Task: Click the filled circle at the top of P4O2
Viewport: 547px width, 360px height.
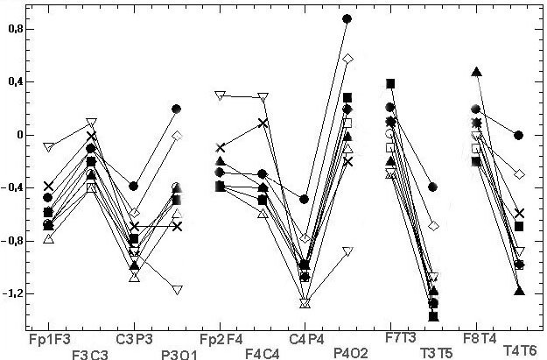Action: (347, 18)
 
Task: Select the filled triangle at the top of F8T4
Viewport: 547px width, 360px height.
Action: (477, 72)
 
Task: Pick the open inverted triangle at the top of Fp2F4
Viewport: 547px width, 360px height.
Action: (221, 95)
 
